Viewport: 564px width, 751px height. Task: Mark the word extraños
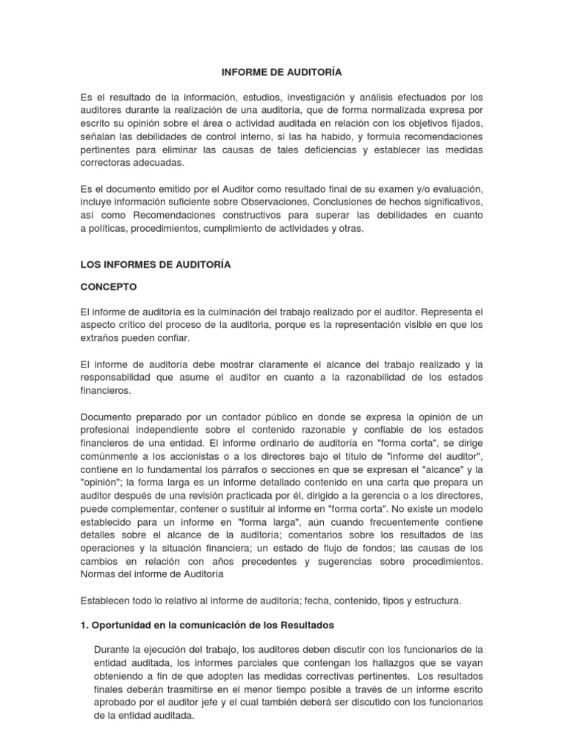click(100, 338)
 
